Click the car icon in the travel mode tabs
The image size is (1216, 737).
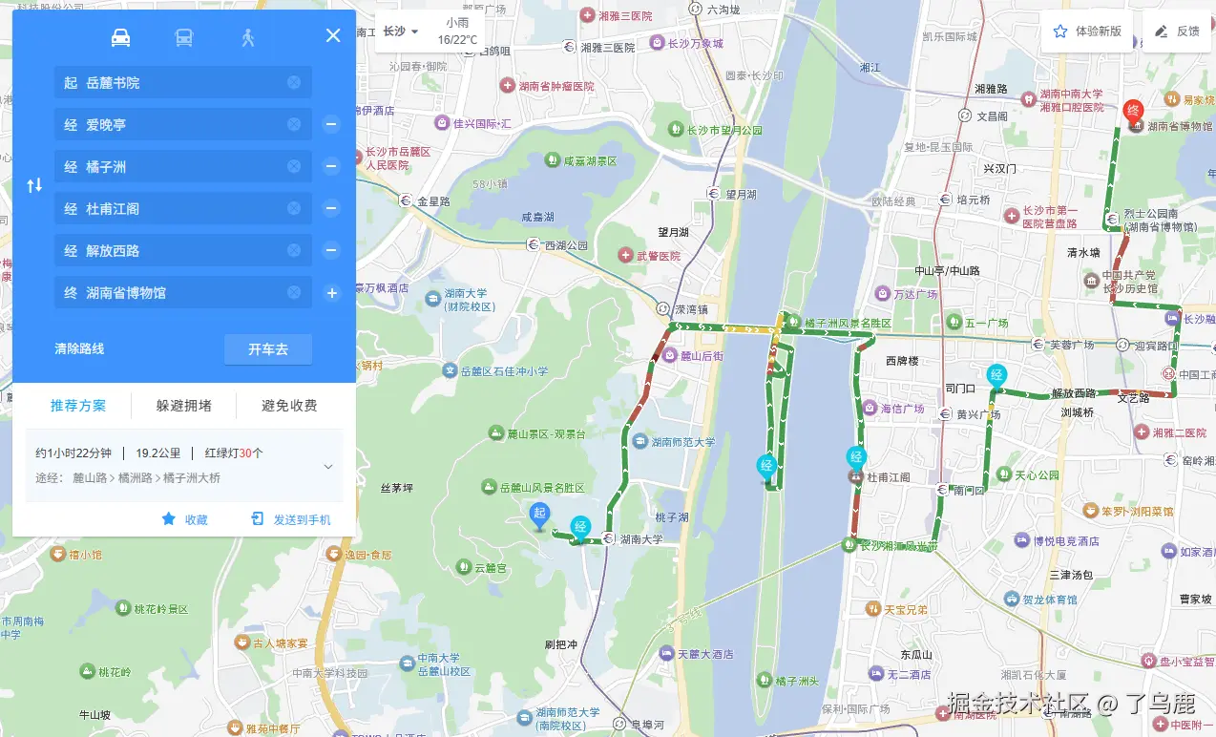tap(121, 38)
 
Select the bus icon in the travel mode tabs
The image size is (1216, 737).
tap(184, 38)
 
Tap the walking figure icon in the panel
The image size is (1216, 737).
tap(248, 38)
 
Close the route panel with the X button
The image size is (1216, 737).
tap(333, 36)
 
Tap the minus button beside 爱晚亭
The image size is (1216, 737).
tap(331, 124)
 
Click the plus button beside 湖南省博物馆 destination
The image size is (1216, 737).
tap(331, 293)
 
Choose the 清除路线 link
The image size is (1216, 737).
tap(79, 348)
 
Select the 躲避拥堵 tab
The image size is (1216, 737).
tap(184, 406)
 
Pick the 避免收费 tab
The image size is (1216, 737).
tap(289, 406)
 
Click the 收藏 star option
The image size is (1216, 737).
tap(184, 519)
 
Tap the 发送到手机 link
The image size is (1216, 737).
tap(291, 519)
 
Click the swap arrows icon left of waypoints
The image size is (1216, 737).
tap(34, 186)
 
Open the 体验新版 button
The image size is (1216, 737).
tap(1087, 32)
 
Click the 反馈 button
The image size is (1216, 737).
tap(1177, 32)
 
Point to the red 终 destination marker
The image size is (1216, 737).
tap(1133, 111)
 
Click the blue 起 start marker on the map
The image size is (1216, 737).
tap(539, 515)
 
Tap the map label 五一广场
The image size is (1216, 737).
tap(985, 324)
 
